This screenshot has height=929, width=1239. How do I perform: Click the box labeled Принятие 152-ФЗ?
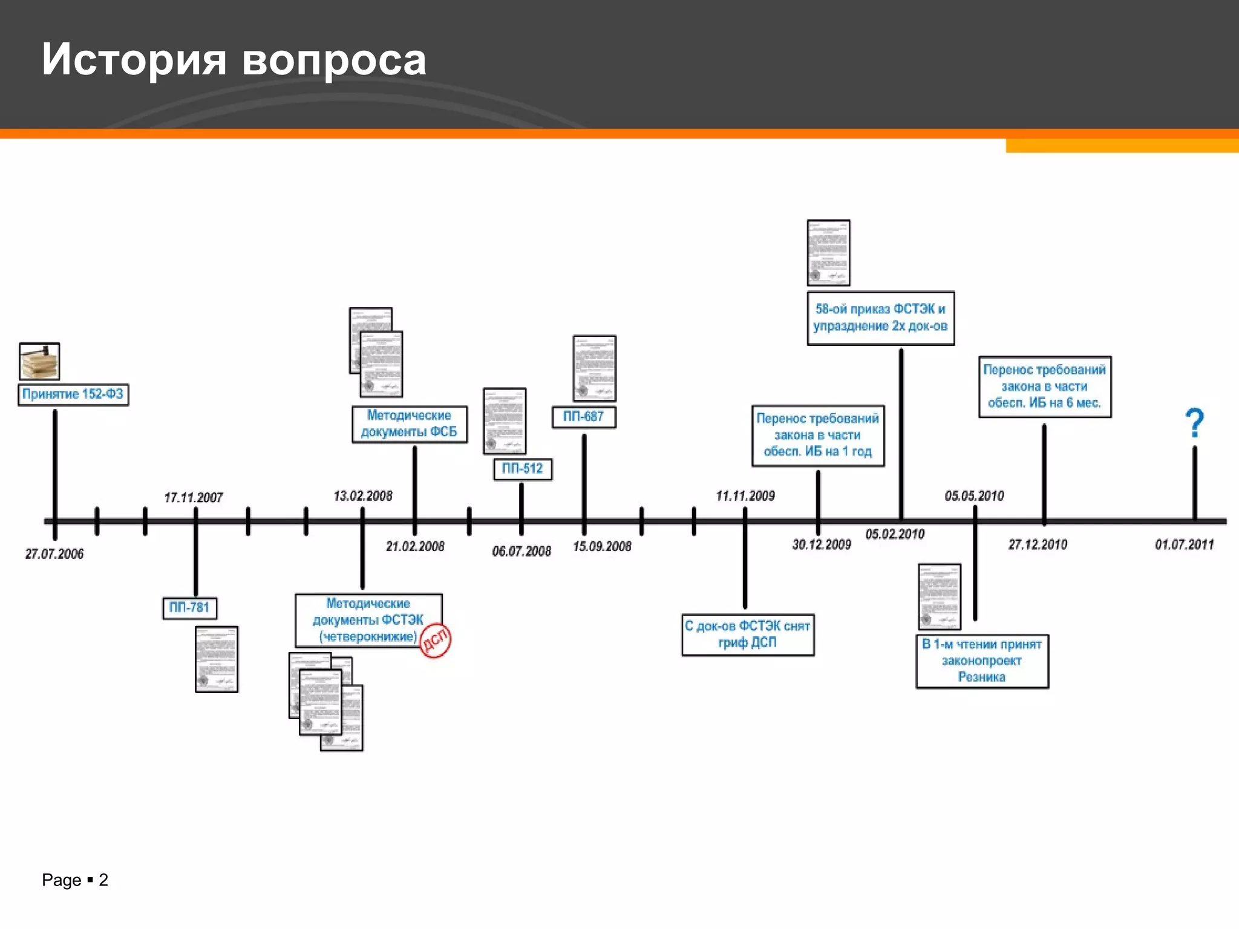pyautogui.click(x=73, y=395)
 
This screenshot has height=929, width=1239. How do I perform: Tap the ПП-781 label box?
pyautogui.click(x=189, y=608)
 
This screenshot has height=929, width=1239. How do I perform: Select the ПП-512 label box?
pyautogui.click(x=523, y=469)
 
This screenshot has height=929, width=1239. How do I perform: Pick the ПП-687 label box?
pyautogui.click(x=584, y=417)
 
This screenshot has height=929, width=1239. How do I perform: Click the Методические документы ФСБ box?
pyautogui.click(x=410, y=424)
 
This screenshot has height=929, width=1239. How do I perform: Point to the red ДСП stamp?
pyautogui.click(x=436, y=640)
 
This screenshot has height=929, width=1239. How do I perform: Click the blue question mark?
pyautogui.click(x=1194, y=423)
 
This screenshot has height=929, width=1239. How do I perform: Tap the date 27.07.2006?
pyautogui.click(x=54, y=554)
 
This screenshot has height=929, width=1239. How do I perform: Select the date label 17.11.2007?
pyautogui.click(x=194, y=498)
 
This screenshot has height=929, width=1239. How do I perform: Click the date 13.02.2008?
pyautogui.click(x=363, y=497)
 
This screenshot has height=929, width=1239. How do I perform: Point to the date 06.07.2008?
pyautogui.click(x=521, y=552)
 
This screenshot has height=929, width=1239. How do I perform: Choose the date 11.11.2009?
pyautogui.click(x=745, y=497)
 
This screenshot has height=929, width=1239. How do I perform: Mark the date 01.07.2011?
pyautogui.click(x=1184, y=545)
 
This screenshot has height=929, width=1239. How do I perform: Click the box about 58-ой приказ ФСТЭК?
pyautogui.click(x=880, y=318)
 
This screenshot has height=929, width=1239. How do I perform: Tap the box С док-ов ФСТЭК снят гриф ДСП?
pyautogui.click(x=748, y=635)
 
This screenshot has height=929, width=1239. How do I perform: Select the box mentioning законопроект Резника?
pyautogui.click(x=982, y=661)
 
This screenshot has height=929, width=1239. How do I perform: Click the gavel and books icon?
pyautogui.click(x=39, y=361)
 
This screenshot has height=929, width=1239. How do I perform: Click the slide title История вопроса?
pyautogui.click(x=234, y=60)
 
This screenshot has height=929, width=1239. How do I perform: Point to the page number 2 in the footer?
pyautogui.click(x=103, y=880)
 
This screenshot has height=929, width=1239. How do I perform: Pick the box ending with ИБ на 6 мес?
pyautogui.click(x=1045, y=387)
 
